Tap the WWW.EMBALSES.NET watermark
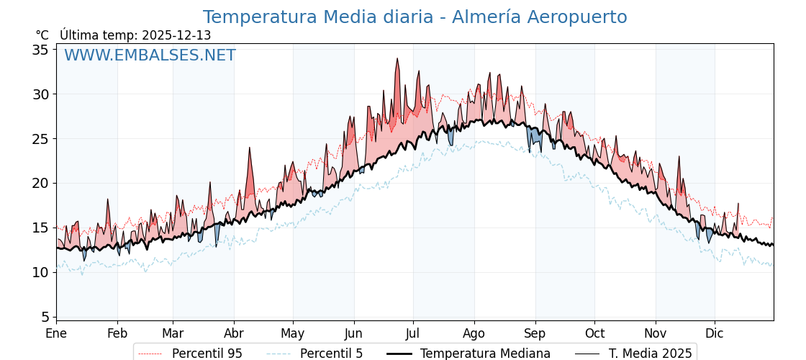150,55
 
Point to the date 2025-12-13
176,35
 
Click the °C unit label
42,35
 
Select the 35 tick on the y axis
40,50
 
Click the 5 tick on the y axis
45,317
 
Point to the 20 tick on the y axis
40,183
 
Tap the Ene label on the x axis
56,333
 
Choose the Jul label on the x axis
413,333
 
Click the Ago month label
474,333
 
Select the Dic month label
715,333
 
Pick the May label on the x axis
293,333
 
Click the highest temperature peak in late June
397,60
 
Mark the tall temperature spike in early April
250,149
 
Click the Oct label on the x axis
594,333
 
